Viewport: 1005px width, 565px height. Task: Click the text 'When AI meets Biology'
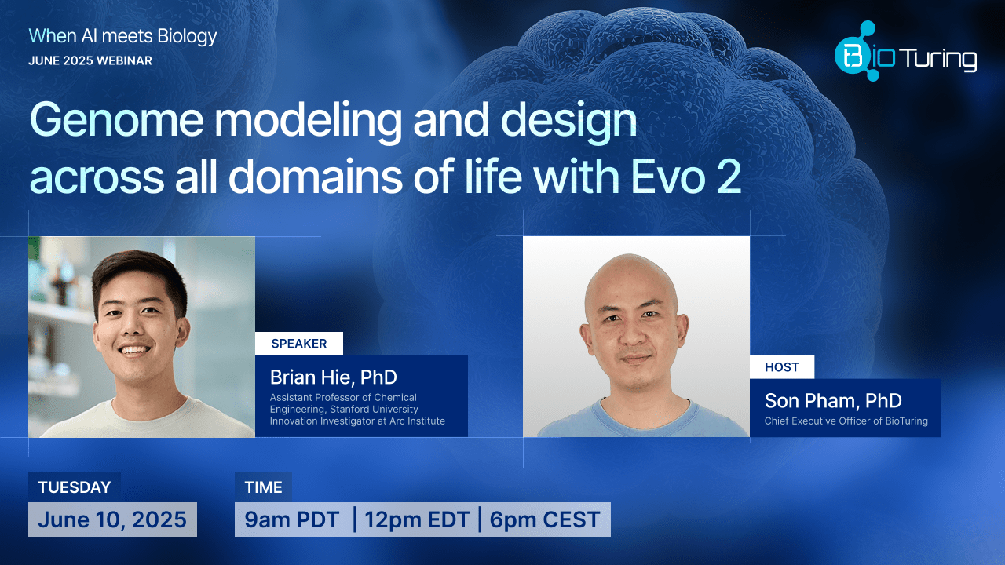click(122, 35)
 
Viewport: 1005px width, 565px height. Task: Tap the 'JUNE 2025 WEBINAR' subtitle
click(90, 60)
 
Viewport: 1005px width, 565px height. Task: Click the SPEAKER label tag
click(298, 344)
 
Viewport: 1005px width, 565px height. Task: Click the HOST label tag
click(781, 367)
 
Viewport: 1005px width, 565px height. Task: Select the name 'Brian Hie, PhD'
click(334, 377)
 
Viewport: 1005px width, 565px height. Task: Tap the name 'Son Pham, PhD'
click(833, 401)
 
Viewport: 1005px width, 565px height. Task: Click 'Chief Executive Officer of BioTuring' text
click(846, 421)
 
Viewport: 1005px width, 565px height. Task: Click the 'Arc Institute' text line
click(357, 421)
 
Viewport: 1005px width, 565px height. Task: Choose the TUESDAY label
click(75, 487)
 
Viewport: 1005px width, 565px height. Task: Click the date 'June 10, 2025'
click(112, 519)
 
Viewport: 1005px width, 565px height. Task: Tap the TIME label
click(263, 487)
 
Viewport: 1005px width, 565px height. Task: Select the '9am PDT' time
click(292, 519)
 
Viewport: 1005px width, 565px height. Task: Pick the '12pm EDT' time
click(416, 519)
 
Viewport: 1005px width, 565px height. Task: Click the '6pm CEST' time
click(545, 519)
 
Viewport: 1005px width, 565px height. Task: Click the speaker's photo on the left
click(141, 337)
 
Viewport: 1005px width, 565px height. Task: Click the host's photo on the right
click(636, 337)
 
